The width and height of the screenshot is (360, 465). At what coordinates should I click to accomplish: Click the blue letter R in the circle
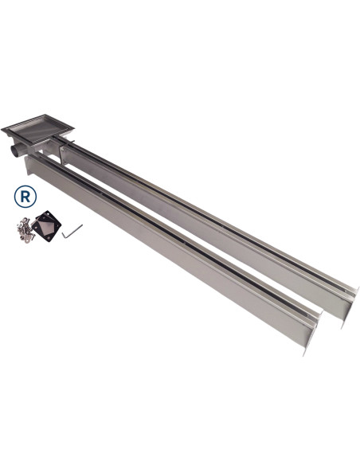[x=25, y=197]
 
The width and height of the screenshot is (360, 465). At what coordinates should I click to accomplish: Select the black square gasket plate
[x=46, y=226]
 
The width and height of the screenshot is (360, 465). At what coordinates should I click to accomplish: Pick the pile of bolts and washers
[x=25, y=230]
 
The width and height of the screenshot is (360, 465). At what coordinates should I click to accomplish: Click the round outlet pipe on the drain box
[x=18, y=150]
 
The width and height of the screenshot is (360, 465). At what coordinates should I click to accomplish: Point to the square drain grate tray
[x=37, y=128]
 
